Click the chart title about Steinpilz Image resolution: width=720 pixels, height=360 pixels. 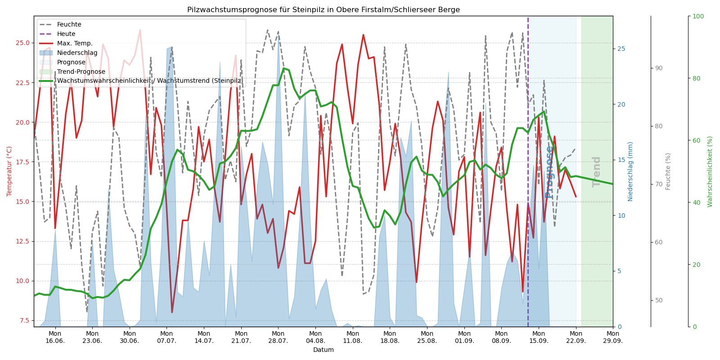pyautogui.click(x=323, y=10)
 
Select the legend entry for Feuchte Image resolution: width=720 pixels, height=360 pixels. pyautogui.click(x=69, y=25)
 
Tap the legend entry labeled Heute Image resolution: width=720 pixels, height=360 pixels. pyautogui.click(x=66, y=34)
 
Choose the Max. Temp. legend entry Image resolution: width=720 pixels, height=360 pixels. pyautogui.click(x=75, y=44)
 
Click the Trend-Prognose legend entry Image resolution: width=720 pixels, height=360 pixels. pyautogui.click(x=81, y=72)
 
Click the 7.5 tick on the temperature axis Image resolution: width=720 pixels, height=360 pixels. pyautogui.click(x=25, y=321)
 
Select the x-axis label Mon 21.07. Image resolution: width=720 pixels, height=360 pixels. pyautogui.click(x=241, y=337)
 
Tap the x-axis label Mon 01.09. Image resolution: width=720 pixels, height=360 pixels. pyautogui.click(x=464, y=337)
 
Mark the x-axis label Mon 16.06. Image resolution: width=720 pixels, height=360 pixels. pyautogui.click(x=55, y=337)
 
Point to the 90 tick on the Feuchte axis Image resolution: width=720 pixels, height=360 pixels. pyautogui.click(x=659, y=68)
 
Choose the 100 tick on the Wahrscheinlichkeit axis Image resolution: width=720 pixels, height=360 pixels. pyautogui.click(x=698, y=17)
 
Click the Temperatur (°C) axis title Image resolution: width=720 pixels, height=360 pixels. pyautogui.click(x=9, y=171)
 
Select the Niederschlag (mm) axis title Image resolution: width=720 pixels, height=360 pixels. pyautogui.click(x=630, y=171)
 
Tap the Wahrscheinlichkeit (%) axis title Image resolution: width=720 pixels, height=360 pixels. pyautogui.click(x=710, y=171)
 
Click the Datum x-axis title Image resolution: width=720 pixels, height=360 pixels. pyautogui.click(x=323, y=350)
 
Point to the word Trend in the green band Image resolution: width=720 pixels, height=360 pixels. pyautogui.click(x=597, y=171)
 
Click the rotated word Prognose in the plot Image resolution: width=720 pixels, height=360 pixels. pyautogui.click(x=549, y=172)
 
